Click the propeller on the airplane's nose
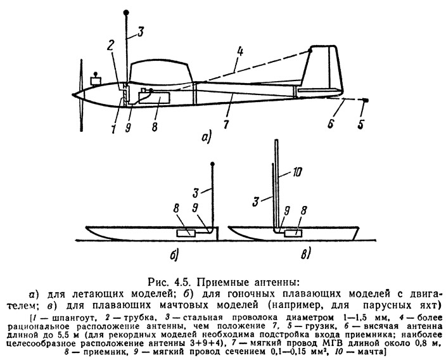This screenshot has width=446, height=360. [81, 95]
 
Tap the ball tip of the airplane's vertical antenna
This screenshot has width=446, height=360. [127, 13]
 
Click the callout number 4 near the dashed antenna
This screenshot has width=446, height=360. [240, 52]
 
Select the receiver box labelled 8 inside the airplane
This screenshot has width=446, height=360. [154, 98]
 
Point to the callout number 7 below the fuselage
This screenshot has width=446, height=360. [226, 124]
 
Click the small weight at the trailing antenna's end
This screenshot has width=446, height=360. [367, 100]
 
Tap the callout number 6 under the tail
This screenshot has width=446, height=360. [331, 124]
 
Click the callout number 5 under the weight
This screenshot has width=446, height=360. [360, 124]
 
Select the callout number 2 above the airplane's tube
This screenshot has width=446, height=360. [111, 46]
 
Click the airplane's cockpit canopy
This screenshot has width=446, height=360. [161, 70]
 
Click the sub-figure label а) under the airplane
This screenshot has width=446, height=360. [206, 138]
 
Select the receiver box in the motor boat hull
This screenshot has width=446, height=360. [186, 233]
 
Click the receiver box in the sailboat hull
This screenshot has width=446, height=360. [293, 233]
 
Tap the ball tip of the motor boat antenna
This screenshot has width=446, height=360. [212, 164]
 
